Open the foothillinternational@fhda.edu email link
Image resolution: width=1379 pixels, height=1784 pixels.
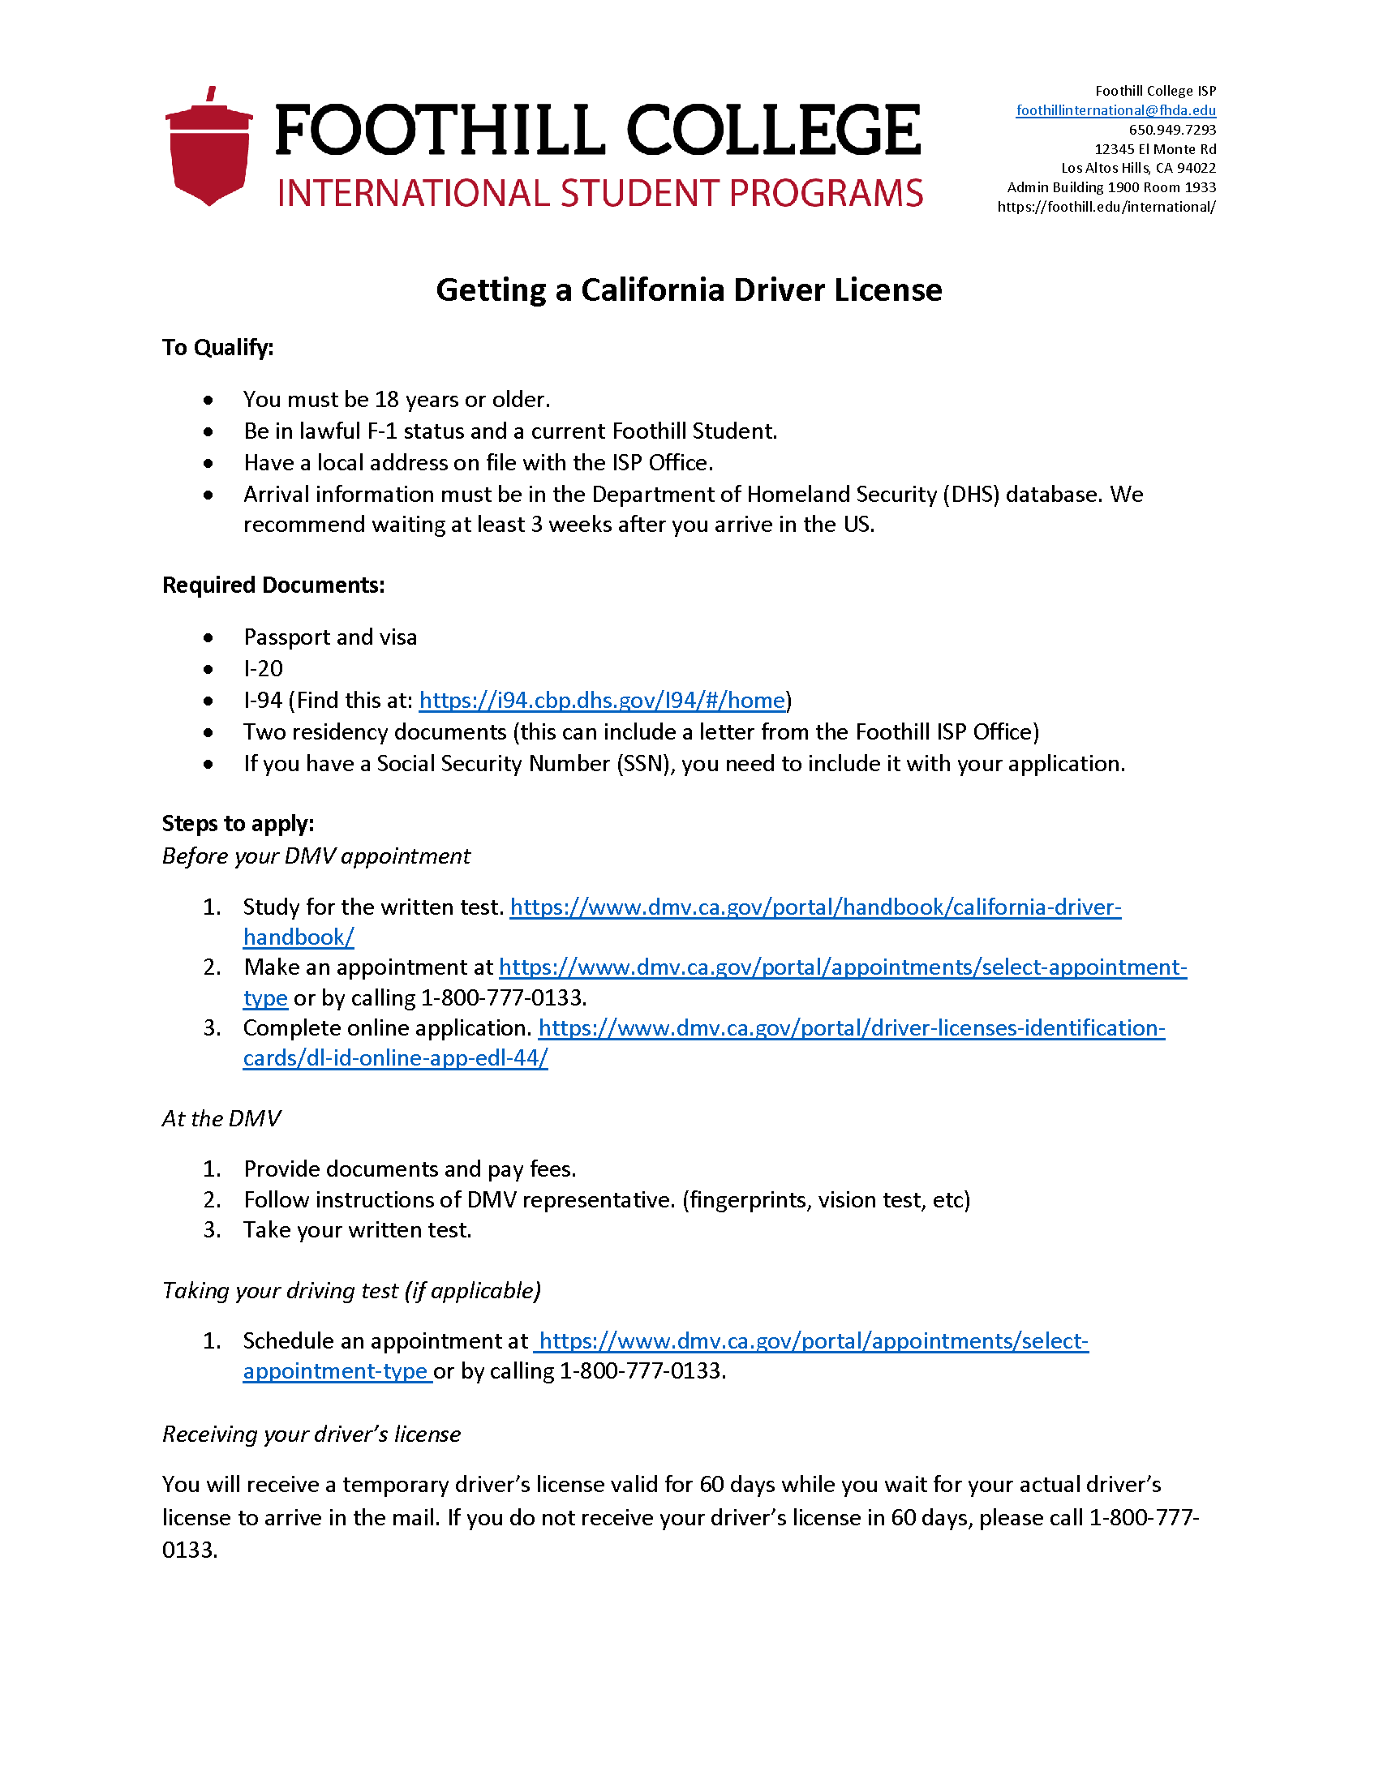[1115, 110]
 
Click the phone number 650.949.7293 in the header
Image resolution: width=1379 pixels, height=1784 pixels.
[1171, 130]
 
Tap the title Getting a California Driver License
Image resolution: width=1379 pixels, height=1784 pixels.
[689, 290]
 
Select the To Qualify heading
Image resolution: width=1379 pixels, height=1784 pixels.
[217, 348]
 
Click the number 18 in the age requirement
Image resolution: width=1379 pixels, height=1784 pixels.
[386, 400]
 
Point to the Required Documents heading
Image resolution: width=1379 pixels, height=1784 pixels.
[273, 585]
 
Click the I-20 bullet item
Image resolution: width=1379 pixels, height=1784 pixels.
[263, 669]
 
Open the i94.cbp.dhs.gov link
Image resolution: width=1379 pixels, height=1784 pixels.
[601, 700]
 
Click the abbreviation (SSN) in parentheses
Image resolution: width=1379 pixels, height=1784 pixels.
[646, 764]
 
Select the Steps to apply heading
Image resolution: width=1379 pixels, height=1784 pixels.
[238, 823]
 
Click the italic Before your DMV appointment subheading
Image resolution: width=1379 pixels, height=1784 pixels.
[316, 856]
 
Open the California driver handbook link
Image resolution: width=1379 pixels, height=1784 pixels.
[814, 907]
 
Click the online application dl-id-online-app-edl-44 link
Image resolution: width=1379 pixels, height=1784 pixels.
[850, 1028]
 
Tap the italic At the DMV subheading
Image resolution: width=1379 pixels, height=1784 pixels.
[221, 1118]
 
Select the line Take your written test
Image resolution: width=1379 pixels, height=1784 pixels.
[357, 1230]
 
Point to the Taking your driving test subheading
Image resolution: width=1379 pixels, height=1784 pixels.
[351, 1291]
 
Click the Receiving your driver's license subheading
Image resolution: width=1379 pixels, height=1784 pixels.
[311, 1434]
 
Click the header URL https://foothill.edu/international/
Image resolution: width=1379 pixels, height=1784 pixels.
[1106, 207]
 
